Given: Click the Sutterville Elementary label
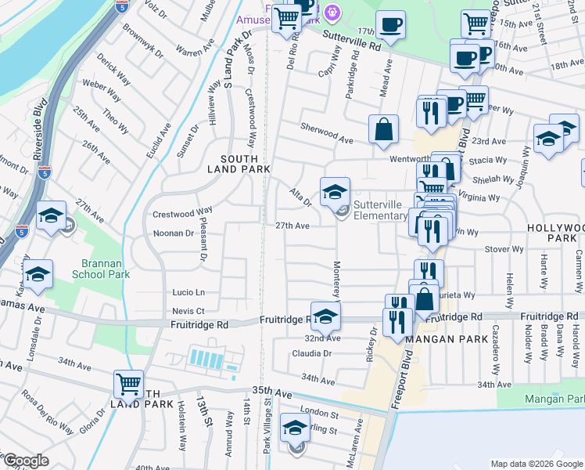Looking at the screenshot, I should click(x=379, y=209).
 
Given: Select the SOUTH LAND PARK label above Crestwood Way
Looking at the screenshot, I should click(x=239, y=161).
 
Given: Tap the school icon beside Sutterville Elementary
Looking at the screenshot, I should click(x=334, y=191).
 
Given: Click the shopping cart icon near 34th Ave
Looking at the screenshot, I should click(x=129, y=385).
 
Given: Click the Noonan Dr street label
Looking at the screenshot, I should click(x=174, y=233).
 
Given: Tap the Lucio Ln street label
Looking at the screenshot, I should click(x=188, y=292).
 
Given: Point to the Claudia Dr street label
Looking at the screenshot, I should click(x=312, y=353).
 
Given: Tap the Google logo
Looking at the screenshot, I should click(x=26, y=461).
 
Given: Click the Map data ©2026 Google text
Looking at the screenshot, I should click(x=536, y=464).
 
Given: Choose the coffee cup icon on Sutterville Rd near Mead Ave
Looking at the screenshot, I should click(x=389, y=24).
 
